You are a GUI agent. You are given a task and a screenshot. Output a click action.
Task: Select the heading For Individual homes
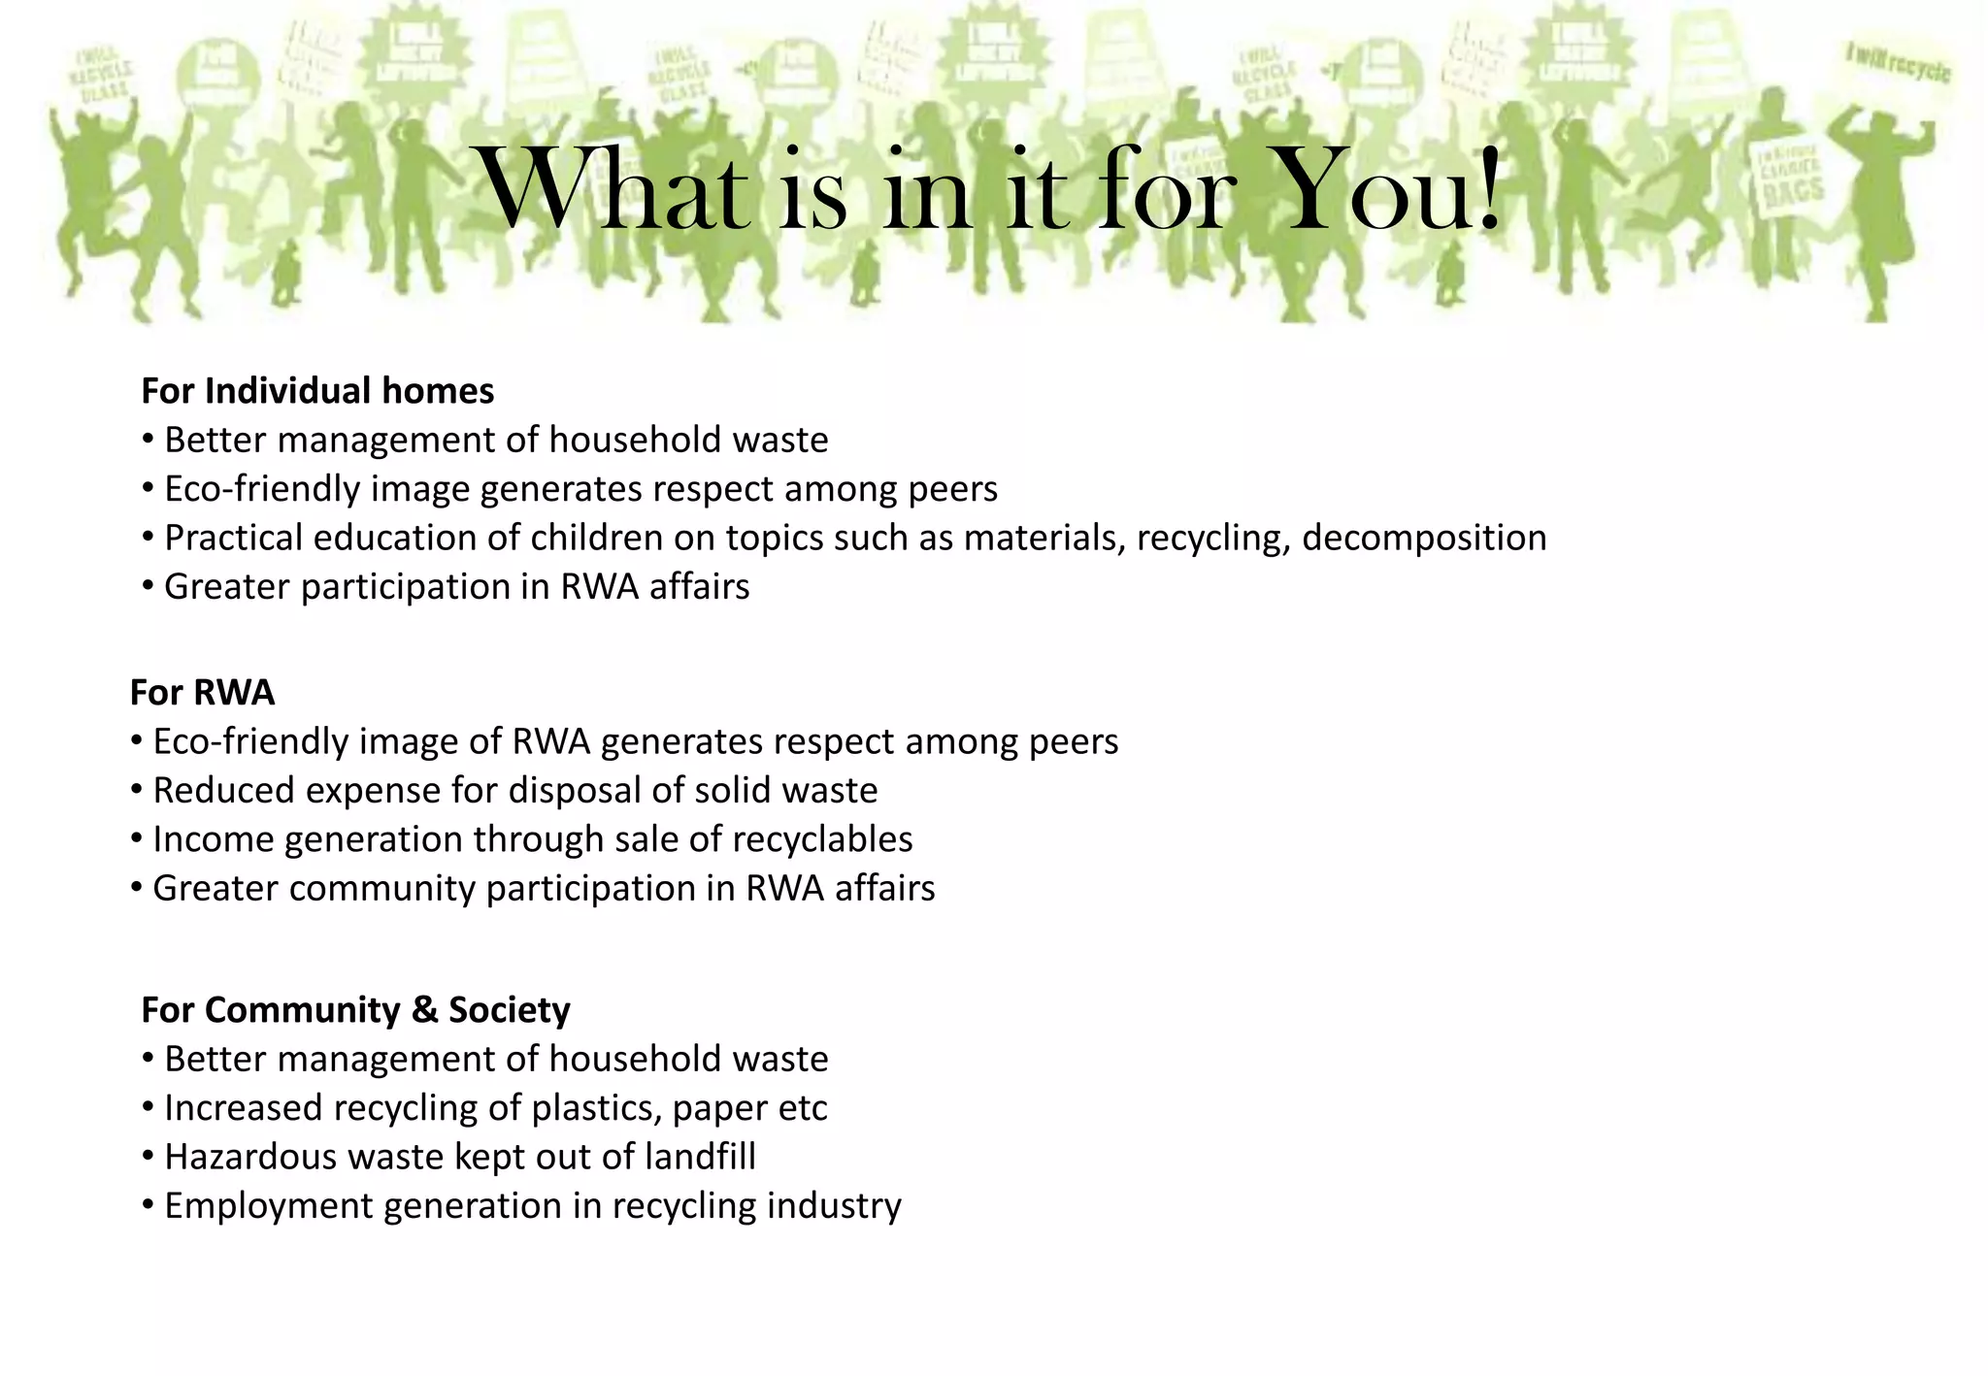317,391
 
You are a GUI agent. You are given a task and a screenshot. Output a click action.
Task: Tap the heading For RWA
202,693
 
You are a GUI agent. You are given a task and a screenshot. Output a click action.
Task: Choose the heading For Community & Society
355,1010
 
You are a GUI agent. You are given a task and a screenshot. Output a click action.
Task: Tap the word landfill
699,1157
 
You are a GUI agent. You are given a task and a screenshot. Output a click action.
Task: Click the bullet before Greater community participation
136,888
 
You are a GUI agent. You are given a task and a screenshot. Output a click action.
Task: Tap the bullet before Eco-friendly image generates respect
148,488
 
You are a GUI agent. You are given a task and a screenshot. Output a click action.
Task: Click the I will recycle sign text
1897,64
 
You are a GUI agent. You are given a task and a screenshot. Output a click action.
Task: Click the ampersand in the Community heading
424,1010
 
